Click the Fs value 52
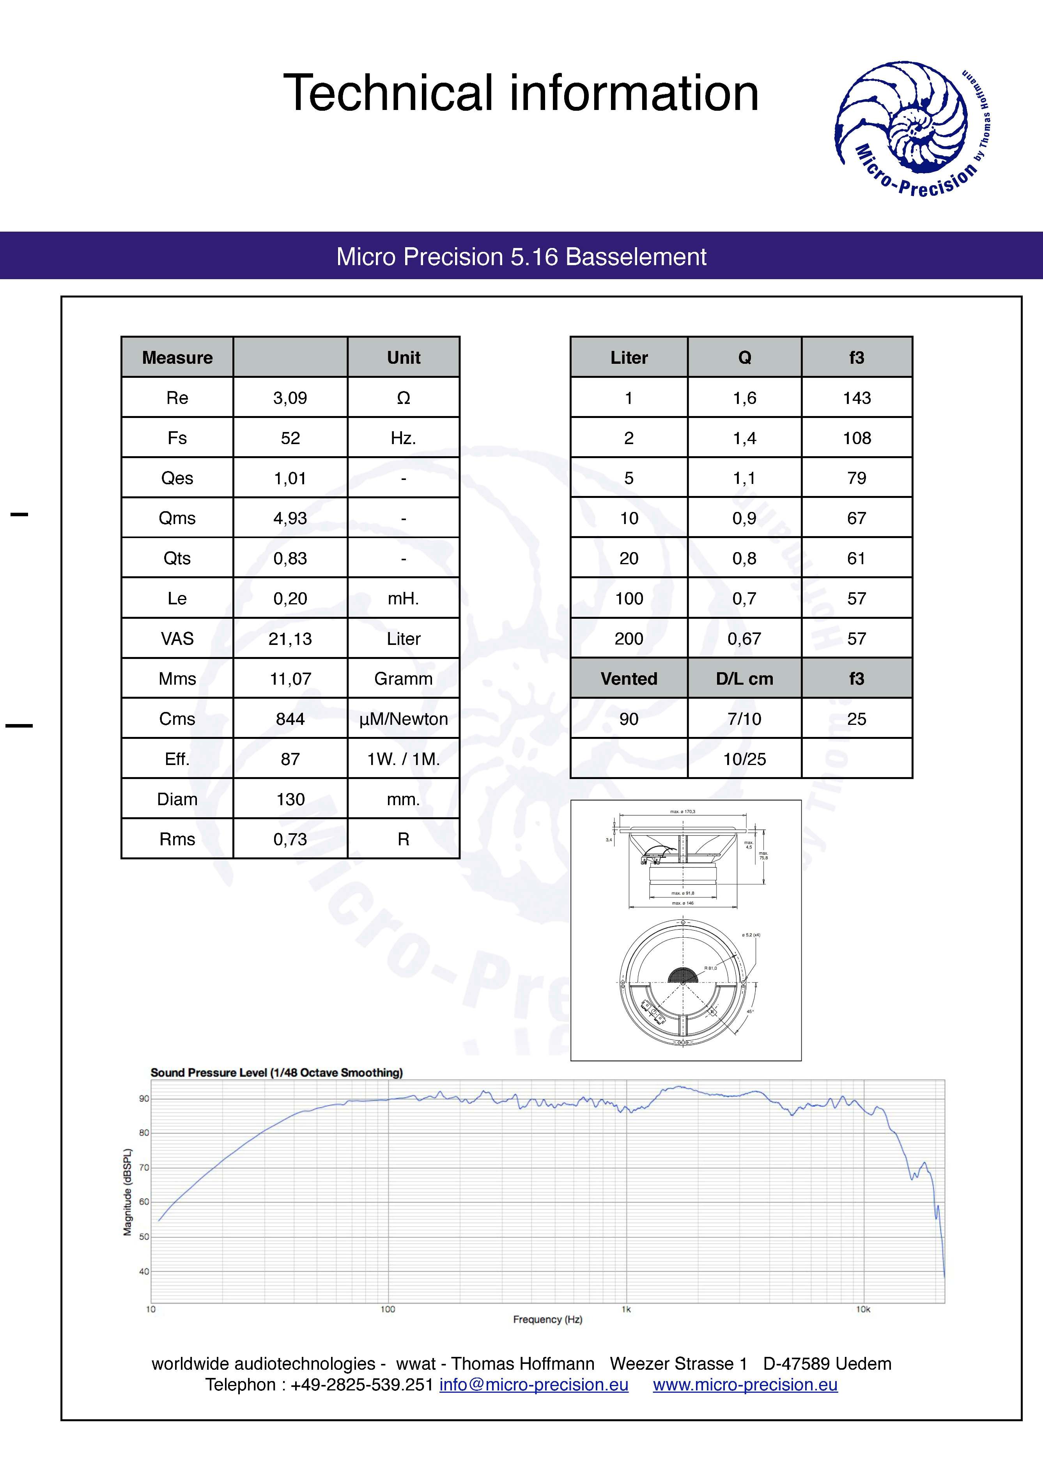point(290,438)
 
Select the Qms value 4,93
point(290,518)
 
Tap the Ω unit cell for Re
point(403,398)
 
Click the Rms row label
point(177,839)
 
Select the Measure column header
point(177,358)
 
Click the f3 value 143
point(857,398)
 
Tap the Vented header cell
point(629,679)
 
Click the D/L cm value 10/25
point(744,759)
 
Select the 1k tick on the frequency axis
point(626,1309)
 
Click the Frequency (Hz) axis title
point(547,1320)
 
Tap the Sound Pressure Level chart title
point(276,1072)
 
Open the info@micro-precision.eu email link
point(534,1385)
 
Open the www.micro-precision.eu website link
point(745,1385)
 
